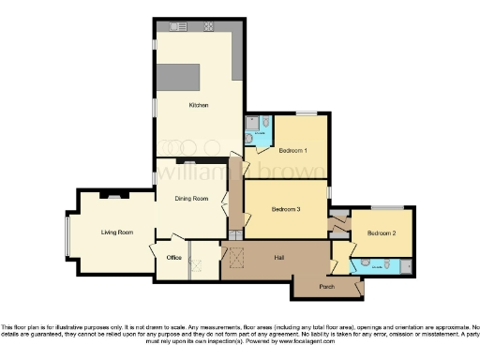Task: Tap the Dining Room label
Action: pos(187,197)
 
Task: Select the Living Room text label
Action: pos(117,232)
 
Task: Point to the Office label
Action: pos(172,256)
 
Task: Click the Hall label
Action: pos(279,256)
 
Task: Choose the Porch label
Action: pos(327,286)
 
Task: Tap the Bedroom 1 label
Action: pos(294,149)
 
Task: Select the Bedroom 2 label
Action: pos(381,232)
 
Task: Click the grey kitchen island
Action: pos(178,76)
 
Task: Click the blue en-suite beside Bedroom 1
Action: pos(258,131)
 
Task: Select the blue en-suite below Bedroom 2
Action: pos(378,265)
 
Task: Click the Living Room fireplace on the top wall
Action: pos(112,195)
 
